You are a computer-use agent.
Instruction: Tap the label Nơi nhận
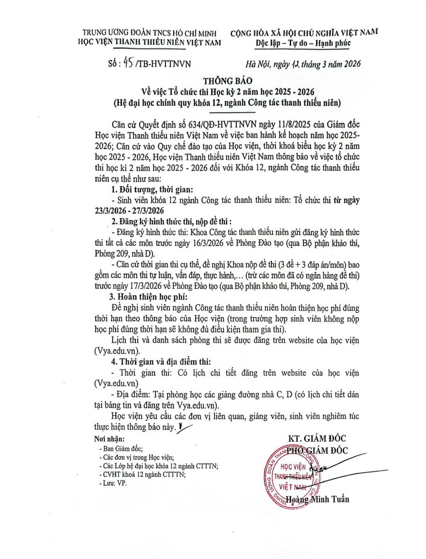pyautogui.click(x=109, y=439)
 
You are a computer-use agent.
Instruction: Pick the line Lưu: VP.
pyautogui.click(x=113, y=483)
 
